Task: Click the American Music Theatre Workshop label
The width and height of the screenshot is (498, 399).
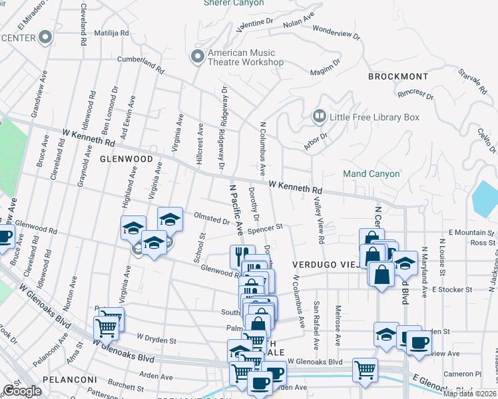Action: [246, 57]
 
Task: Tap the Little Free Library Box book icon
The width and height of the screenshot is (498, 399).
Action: [319, 117]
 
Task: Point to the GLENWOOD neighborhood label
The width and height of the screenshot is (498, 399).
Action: [122, 160]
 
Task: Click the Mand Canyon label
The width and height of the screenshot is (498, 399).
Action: [372, 174]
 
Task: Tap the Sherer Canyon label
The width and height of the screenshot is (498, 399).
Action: [234, 3]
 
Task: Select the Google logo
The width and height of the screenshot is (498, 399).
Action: [22, 390]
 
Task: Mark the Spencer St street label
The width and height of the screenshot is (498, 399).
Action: [265, 228]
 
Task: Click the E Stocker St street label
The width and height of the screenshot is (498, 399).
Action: [451, 290]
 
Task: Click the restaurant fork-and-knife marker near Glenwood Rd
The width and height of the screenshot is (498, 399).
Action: [240, 255]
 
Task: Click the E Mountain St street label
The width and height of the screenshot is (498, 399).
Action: [471, 232]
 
